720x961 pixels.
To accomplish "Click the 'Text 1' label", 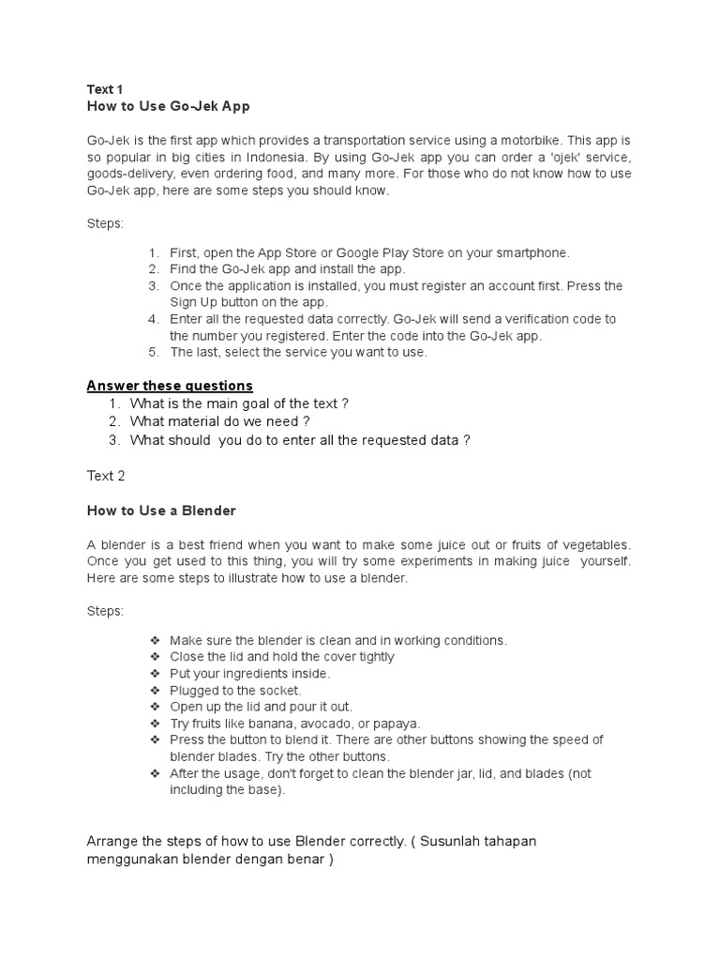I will click(105, 89).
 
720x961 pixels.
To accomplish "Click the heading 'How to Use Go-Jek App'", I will click(168, 106).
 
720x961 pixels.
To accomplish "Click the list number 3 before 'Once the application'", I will click(154, 285).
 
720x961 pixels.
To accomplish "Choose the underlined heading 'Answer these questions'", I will click(170, 386).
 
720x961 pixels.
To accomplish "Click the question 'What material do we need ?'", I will click(219, 421).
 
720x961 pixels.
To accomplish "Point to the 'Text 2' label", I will click(106, 476).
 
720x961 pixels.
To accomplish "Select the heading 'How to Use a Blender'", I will click(161, 511).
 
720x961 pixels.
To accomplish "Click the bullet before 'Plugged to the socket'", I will click(155, 691).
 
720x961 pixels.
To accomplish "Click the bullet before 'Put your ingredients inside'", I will click(155, 674).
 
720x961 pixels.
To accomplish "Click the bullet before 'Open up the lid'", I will click(155, 707).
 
